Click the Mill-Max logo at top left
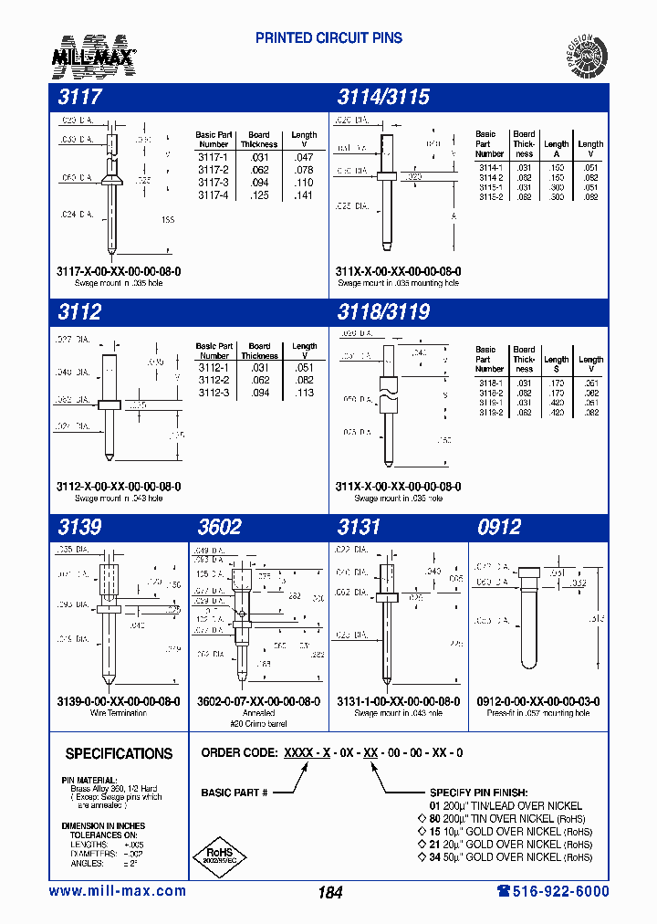[x=94, y=55]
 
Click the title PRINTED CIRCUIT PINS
[x=328, y=38]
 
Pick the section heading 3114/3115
[x=383, y=97]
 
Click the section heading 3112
[x=79, y=311]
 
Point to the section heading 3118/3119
[x=383, y=311]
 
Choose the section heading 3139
[x=79, y=527]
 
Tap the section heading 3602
[x=220, y=527]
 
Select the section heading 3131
[x=359, y=527]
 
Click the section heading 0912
[x=499, y=527]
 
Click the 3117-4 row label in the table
[x=213, y=195]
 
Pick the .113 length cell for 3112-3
[x=304, y=393]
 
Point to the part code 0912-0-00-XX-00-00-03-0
[x=538, y=701]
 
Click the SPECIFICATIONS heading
[x=119, y=754]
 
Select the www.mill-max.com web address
[x=117, y=891]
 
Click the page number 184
[x=329, y=893]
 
